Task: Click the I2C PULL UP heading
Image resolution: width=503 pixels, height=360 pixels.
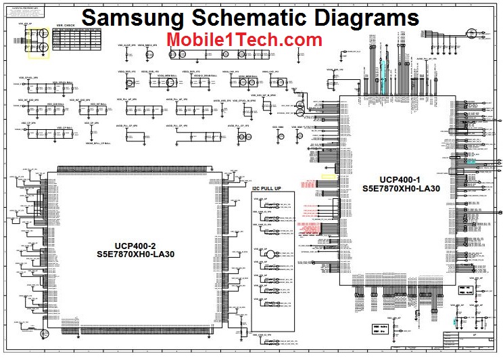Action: tap(266, 189)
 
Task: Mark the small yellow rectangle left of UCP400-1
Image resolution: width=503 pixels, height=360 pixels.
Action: tap(329, 177)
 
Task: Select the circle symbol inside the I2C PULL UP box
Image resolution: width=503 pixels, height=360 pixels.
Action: tap(268, 254)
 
